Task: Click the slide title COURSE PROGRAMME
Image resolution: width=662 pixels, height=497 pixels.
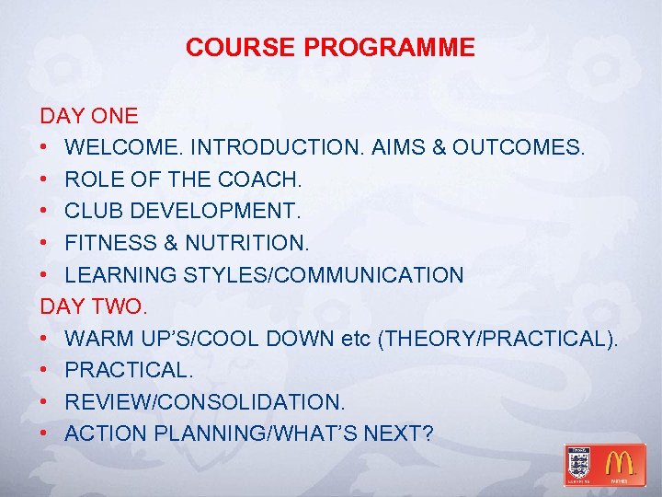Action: point(330,48)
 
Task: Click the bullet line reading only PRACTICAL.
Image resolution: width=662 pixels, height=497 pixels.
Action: point(127,370)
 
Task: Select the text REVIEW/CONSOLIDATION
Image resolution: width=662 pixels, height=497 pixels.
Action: point(204,402)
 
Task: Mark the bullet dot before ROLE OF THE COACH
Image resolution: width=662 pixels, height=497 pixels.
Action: point(45,179)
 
